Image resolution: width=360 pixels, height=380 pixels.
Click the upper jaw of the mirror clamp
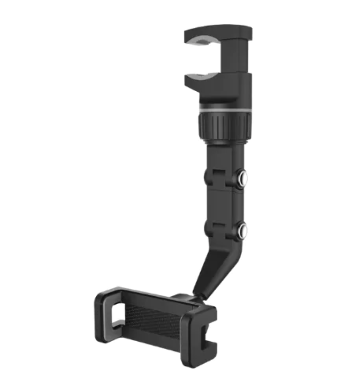tap(220, 33)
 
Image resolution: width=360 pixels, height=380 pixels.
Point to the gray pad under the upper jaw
tap(203, 44)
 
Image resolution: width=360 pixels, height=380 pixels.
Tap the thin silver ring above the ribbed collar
tap(224, 109)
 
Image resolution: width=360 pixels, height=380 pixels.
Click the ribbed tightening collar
tap(224, 124)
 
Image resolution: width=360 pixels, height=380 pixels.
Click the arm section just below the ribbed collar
tap(223, 152)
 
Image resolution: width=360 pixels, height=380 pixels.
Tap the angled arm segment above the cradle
tap(210, 267)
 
